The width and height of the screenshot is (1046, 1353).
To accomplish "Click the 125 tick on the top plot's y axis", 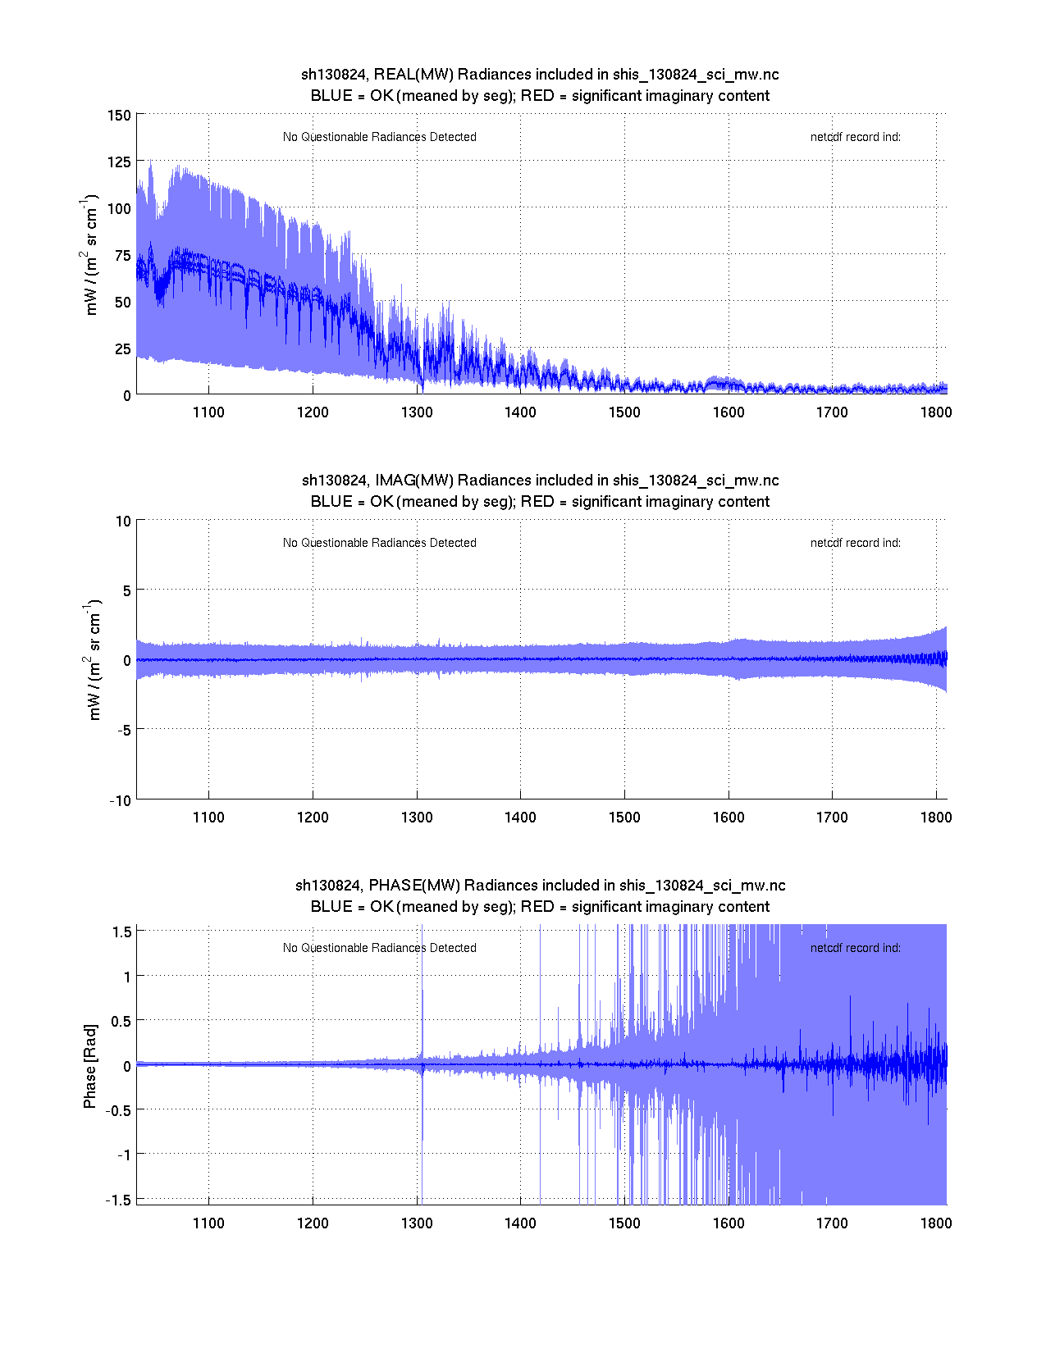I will (x=120, y=162).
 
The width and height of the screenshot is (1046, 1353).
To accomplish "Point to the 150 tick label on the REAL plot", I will (x=120, y=115).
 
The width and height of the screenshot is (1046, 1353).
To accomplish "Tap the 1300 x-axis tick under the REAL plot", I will (x=417, y=412).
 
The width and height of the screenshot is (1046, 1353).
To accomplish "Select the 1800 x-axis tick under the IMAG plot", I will (x=936, y=817).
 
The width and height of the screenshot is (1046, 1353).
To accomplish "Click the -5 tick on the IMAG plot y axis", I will (x=122, y=729).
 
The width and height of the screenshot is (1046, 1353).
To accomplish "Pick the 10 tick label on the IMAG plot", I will (x=123, y=521).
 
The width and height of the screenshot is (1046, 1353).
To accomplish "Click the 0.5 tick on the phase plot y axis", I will (x=121, y=1020).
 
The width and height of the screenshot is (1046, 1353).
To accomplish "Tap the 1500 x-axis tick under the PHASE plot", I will (x=624, y=1223).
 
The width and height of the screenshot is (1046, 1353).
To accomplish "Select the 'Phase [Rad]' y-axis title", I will (x=90, y=1065).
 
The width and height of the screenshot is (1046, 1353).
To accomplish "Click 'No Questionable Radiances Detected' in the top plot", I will (x=379, y=137).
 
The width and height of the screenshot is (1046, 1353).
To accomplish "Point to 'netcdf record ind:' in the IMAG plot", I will (x=855, y=543).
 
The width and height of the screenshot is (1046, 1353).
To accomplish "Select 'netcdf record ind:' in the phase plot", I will (x=855, y=948).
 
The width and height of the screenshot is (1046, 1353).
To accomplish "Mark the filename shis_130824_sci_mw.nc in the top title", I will (x=696, y=75).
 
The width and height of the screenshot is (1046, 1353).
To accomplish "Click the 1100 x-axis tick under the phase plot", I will (x=208, y=1223).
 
